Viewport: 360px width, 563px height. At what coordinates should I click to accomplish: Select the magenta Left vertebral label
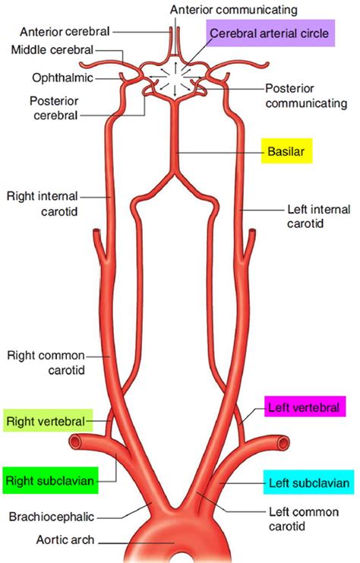pos(302,407)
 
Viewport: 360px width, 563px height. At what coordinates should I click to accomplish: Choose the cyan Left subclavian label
pos(308,482)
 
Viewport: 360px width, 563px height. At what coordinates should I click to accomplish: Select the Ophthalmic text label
pos(62,78)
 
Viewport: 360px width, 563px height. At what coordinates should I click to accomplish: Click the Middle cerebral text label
pos(52,50)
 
